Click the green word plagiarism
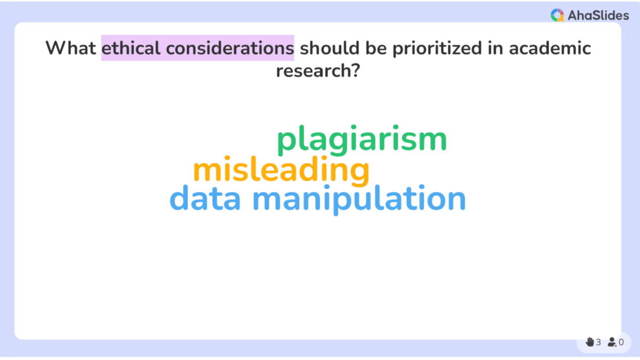coord(362,140)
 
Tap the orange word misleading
coord(281,171)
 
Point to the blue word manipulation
coord(359,199)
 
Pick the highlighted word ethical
coord(131,48)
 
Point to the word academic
coord(550,48)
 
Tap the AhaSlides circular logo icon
coord(557,15)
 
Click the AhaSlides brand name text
coord(598,15)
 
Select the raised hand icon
coord(589,342)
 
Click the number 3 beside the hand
coord(598,342)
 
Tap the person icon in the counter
coord(612,342)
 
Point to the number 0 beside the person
coord(621,342)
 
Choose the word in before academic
coord(495,48)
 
